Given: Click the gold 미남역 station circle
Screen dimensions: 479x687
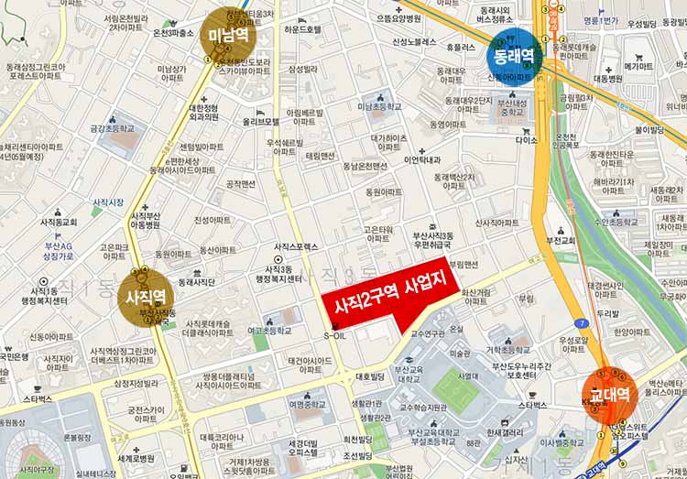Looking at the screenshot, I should click(229, 36).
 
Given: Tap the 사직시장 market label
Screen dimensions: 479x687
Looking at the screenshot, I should click(108, 201).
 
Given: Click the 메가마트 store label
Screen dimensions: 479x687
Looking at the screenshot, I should click(638, 66).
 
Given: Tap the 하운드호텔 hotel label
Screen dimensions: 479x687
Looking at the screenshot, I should click(302, 29).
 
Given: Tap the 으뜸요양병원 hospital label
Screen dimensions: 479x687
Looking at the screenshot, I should click(399, 17).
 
